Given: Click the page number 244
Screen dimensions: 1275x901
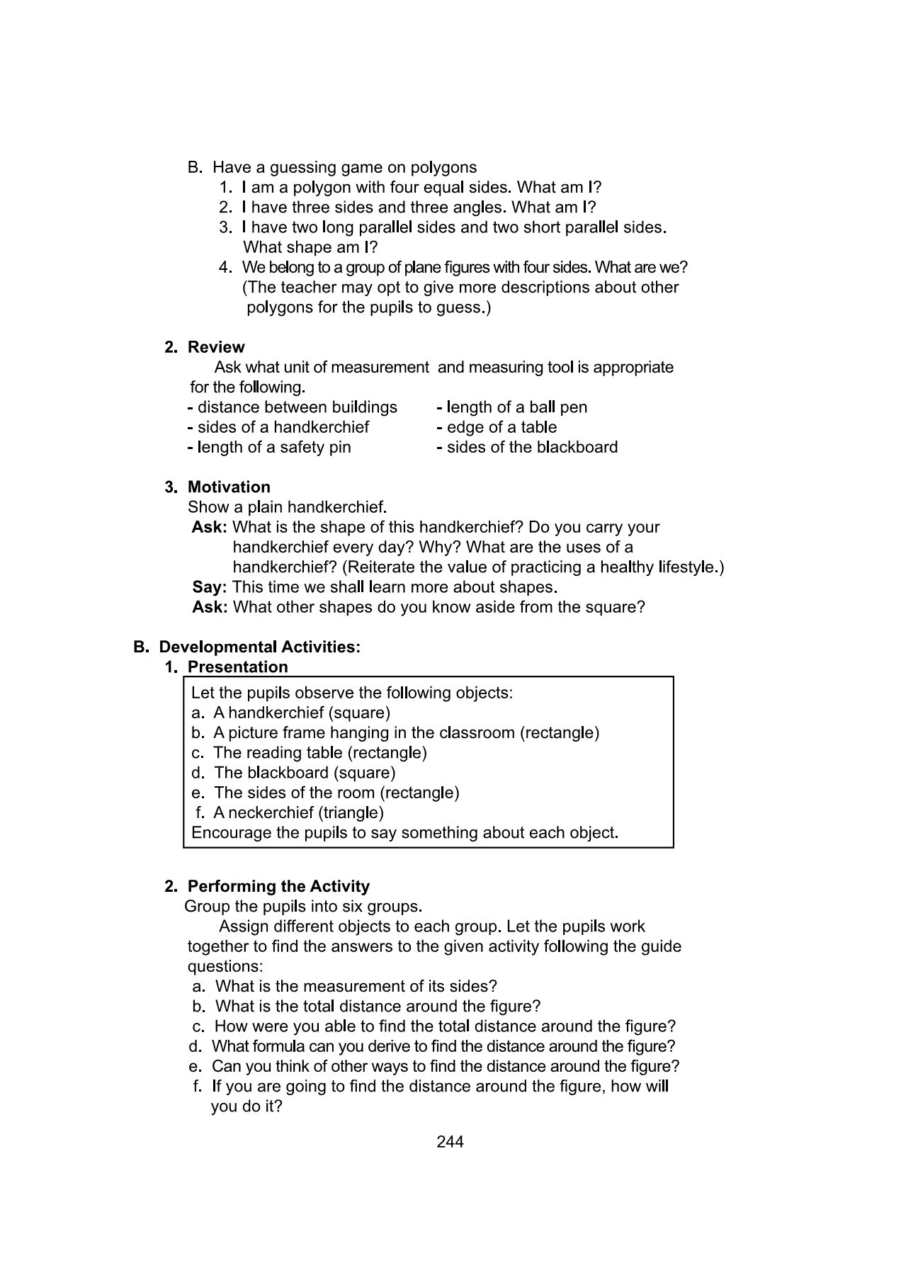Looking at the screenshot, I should click(x=450, y=1141).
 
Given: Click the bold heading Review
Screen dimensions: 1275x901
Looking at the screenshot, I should click(x=216, y=347).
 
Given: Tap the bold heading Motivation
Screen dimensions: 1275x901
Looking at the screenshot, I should click(x=229, y=487).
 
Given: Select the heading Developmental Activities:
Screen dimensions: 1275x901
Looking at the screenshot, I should click(x=259, y=647).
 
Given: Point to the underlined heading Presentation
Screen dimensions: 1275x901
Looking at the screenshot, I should click(x=237, y=667).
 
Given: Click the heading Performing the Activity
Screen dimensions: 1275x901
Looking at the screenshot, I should click(x=278, y=886).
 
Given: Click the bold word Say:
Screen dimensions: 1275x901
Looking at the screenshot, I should click(x=209, y=587).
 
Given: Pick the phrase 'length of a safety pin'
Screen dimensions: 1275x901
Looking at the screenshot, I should click(x=273, y=447).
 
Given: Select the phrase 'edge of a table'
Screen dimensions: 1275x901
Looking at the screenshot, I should click(x=501, y=427).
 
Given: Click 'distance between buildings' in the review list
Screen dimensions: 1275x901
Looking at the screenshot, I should click(x=297, y=407).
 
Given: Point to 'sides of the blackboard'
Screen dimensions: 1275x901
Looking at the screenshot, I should click(x=532, y=447).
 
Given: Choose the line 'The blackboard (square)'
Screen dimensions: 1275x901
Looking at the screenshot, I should click(x=305, y=773).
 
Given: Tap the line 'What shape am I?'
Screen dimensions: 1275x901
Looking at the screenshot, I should click(x=310, y=247).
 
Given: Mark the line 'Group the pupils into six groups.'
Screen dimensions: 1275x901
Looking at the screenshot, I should click(x=303, y=906).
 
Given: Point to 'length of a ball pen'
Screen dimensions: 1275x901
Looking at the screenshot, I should click(x=516, y=407).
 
